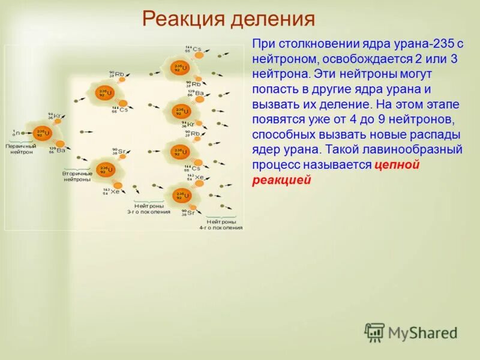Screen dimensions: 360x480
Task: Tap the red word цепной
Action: pos(397,165)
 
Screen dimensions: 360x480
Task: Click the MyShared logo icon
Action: pos(374,332)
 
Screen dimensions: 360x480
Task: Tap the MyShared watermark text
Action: pos(422,333)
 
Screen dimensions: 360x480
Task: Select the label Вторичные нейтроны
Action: pos(77,176)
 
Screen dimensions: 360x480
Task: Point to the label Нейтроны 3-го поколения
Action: pos(148,208)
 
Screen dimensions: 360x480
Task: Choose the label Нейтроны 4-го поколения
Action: pos(221,224)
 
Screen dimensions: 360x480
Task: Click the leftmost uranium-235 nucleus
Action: pos(41,133)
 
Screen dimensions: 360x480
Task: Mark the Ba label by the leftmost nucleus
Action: pos(60,150)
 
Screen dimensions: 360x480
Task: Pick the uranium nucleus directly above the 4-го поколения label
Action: pos(179,196)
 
